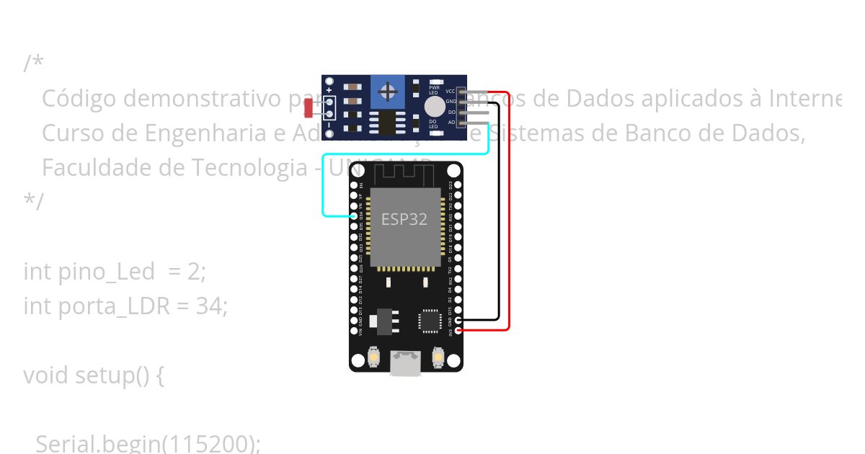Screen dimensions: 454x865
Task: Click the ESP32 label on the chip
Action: [404, 220]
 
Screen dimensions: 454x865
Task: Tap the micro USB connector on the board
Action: [406, 363]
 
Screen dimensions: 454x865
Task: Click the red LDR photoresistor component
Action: [309, 109]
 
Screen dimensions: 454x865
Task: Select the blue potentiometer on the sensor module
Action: [388, 92]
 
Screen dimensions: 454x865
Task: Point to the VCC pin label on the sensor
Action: [451, 92]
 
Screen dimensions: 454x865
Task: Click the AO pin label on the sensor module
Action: [451, 123]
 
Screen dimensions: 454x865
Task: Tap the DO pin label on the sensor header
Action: [451, 112]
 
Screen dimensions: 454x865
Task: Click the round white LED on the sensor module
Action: [435, 107]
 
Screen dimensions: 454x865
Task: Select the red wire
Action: [510, 216]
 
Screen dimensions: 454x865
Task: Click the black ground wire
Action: [498, 216]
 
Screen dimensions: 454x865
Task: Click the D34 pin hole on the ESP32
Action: [354, 215]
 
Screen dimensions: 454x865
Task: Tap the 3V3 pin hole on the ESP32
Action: [458, 330]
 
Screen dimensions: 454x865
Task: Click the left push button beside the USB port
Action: [374, 356]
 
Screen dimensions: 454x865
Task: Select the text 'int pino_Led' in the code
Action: [89, 272]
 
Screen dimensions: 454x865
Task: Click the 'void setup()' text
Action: [93, 375]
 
